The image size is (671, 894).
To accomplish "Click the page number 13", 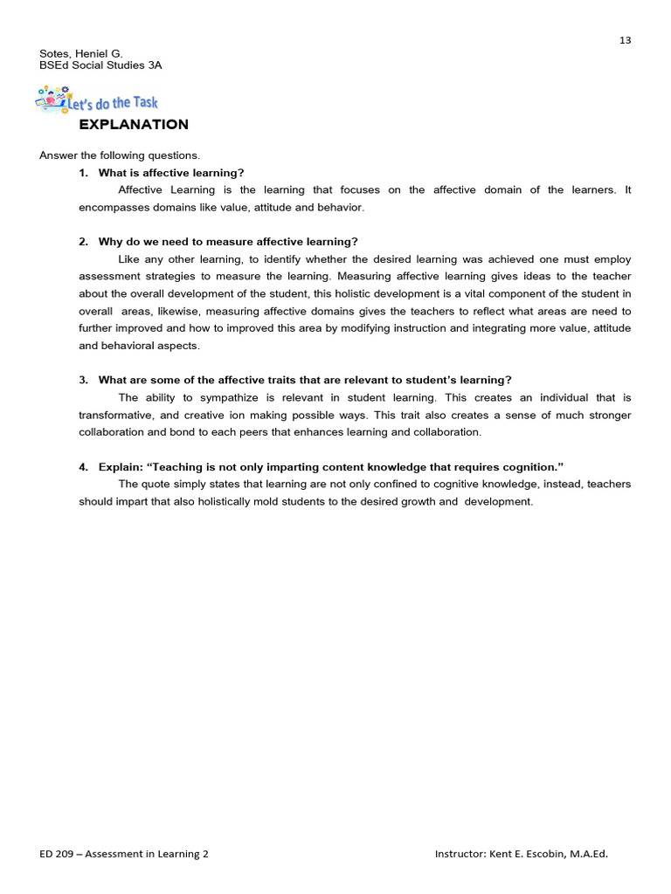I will pos(625,40).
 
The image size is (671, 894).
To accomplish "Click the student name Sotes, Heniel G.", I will pos(81,53).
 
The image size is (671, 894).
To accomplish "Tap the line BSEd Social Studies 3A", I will pos(100,65).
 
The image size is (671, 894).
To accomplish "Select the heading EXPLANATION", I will pos(134,125).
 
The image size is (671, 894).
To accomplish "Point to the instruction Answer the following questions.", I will pos(120,155).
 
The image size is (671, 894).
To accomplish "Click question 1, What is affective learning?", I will pos(171,173).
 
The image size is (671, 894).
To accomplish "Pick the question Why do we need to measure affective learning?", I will pos(228,242).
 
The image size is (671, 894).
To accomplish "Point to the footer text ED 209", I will pos(58,854).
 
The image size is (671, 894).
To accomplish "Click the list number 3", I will pos(83,380).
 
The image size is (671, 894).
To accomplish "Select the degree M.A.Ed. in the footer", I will pos(585,854).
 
